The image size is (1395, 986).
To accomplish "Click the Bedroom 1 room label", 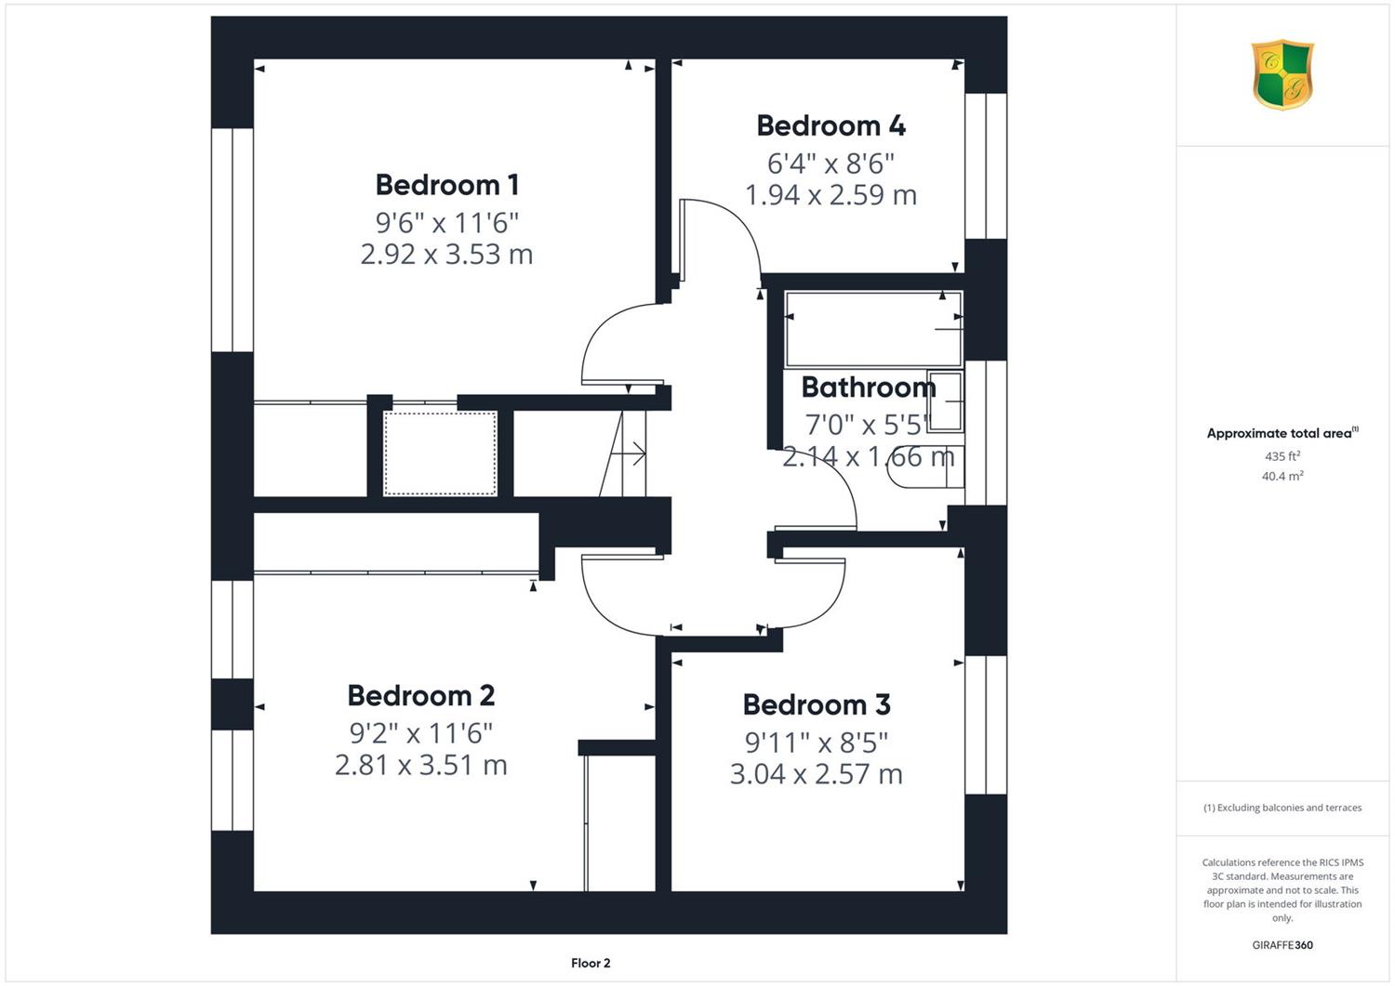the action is tap(446, 185).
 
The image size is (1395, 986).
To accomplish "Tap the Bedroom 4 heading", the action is tap(830, 125).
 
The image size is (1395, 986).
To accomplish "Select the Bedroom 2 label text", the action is tap(421, 695).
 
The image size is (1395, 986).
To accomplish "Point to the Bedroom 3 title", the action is tap(817, 704).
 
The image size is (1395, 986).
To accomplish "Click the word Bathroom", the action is tap(868, 388).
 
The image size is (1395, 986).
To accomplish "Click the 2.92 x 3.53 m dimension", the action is tap(446, 255).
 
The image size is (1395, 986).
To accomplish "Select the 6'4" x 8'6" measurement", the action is tap(830, 164).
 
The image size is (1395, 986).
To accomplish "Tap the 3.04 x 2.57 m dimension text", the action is tap(817, 774).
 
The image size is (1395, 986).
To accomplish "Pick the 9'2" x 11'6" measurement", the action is tap(421, 733).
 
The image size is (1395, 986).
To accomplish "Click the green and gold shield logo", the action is tap(1282, 74).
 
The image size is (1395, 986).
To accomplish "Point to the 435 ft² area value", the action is tap(1282, 456).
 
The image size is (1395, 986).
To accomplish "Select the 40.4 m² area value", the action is tap(1282, 476).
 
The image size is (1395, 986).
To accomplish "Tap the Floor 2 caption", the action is tap(591, 963).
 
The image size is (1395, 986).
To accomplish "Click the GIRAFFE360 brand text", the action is tap(1282, 945).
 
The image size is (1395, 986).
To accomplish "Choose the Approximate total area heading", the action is tap(1282, 433).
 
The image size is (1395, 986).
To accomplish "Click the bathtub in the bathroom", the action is tap(874, 329).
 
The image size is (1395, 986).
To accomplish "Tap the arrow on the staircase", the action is tap(629, 454).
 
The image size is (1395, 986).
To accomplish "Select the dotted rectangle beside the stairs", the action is tap(440, 454).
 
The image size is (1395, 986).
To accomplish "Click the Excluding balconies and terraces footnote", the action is tap(1282, 808).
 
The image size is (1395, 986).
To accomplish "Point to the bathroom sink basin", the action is tap(946, 401).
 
